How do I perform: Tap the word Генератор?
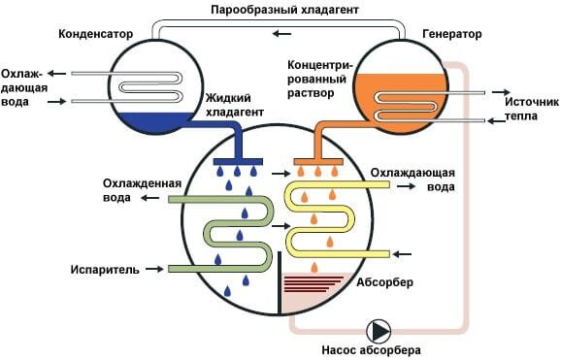point(451,32)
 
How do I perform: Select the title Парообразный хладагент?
point(280,10)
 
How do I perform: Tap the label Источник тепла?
point(530,108)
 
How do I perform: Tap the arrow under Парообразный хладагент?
point(280,34)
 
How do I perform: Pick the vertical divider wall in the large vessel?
point(280,281)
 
